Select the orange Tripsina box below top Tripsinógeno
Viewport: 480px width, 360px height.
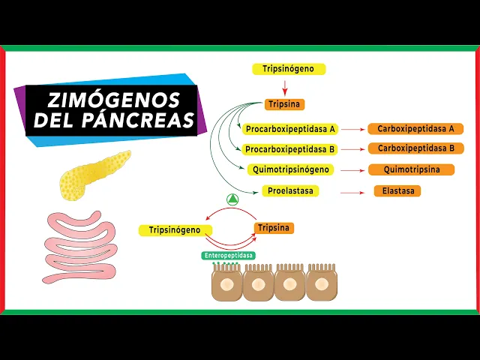pos(284,104)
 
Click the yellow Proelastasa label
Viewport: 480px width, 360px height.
pos(290,190)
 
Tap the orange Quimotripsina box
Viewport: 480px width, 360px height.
pos(411,169)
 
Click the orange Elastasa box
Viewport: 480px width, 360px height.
pos(397,190)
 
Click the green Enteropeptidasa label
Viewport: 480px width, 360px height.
pos(228,255)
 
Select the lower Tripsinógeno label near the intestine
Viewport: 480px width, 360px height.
pos(175,230)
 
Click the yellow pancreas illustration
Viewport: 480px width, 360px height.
pos(90,174)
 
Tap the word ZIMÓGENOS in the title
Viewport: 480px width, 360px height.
pos(114,100)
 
